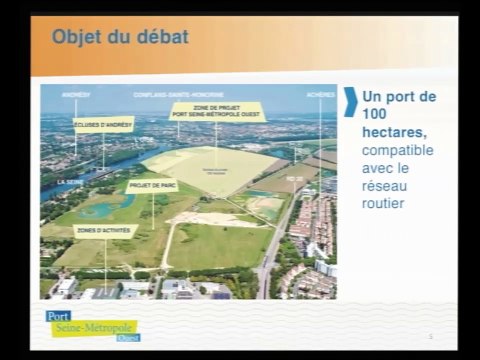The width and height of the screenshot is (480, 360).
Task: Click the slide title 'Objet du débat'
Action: tap(119, 38)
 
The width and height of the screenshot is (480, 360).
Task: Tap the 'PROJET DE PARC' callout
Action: tap(150, 185)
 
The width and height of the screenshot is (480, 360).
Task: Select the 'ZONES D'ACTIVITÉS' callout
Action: tap(106, 230)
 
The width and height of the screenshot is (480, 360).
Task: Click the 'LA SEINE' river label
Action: tap(70, 183)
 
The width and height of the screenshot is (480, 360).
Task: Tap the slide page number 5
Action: tap(429, 337)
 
